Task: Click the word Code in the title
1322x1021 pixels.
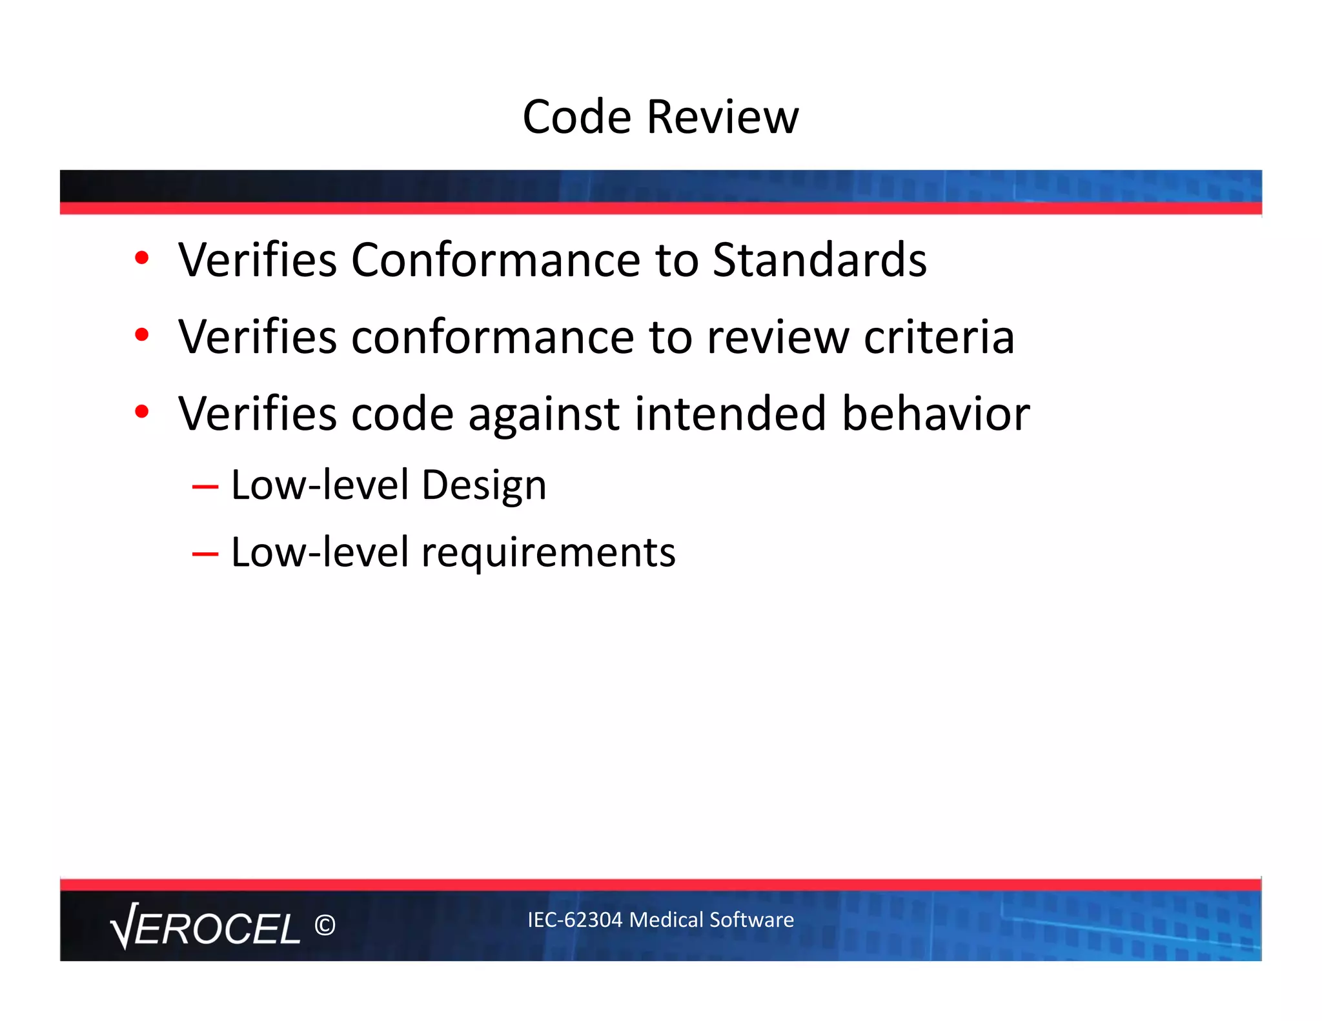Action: click(576, 117)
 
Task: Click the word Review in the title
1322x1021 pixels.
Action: click(722, 117)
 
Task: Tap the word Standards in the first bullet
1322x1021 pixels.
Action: click(819, 259)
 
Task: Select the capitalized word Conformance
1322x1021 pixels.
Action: click(496, 259)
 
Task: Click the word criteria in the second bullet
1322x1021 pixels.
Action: click(939, 337)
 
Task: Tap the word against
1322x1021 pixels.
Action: click(544, 414)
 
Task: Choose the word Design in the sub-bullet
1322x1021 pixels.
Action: click(483, 485)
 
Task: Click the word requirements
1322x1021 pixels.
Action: click(548, 553)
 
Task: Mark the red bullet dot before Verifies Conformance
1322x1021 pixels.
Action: click(142, 258)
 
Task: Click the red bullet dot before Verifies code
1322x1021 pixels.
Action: click(142, 411)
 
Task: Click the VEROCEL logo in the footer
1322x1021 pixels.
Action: click(205, 927)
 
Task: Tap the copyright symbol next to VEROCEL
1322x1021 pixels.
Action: click(325, 925)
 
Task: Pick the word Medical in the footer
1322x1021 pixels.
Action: click(666, 920)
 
